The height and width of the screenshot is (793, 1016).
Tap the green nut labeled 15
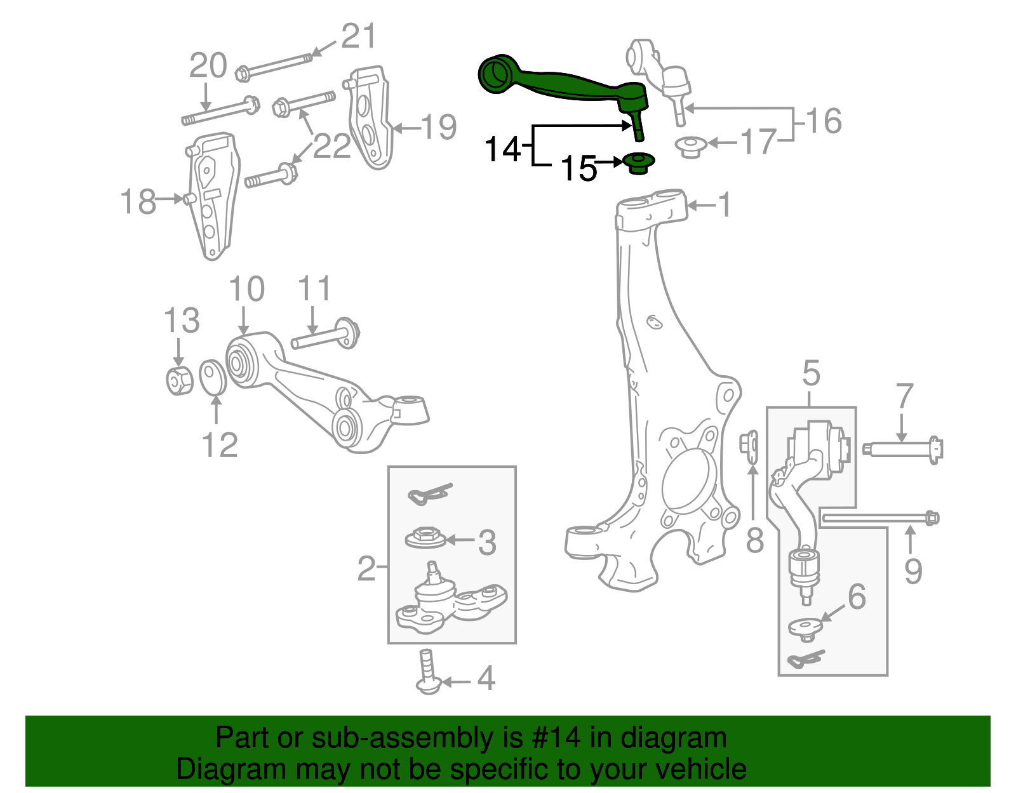(x=639, y=163)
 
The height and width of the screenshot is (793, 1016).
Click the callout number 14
(x=502, y=150)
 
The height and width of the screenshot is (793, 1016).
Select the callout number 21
(x=359, y=36)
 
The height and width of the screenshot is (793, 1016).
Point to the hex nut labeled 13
(x=179, y=381)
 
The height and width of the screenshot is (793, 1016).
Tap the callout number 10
(x=246, y=290)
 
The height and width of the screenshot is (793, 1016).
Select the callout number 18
(x=138, y=202)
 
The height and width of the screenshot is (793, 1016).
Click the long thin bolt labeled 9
(x=879, y=519)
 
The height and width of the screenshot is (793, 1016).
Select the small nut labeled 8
(x=750, y=443)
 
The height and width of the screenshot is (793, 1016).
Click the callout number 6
(x=857, y=597)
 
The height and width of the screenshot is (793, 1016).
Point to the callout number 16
(x=824, y=121)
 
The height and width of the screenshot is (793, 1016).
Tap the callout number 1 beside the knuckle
(x=723, y=205)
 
